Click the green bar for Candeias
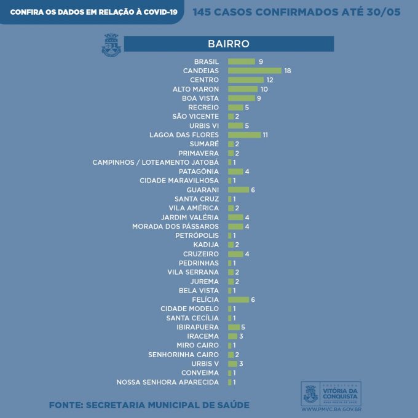pyautogui.click(x=254, y=71)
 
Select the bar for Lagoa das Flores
pyautogui.click(x=244, y=135)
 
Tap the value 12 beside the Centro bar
pyautogui.click(x=269, y=80)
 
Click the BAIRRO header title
pyautogui.click(x=228, y=44)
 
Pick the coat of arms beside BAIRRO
pyautogui.click(x=111, y=45)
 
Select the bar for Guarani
pyautogui.click(x=238, y=190)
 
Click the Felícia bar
pyautogui.click(x=238, y=299)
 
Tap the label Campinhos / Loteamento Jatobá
pyautogui.click(x=156, y=162)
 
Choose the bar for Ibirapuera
pyautogui.click(x=234, y=327)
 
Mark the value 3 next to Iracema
pyautogui.click(x=242, y=336)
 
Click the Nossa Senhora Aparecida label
pyautogui.click(x=167, y=382)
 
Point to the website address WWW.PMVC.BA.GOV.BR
pyautogui.click(x=331, y=408)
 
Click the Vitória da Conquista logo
pyautogui.click(x=331, y=392)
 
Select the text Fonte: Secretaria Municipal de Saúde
pyautogui.click(x=149, y=405)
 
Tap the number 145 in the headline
pyautogui.click(x=205, y=12)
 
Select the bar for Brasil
pyautogui.click(x=241, y=61)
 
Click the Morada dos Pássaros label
pyautogui.click(x=175, y=227)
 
